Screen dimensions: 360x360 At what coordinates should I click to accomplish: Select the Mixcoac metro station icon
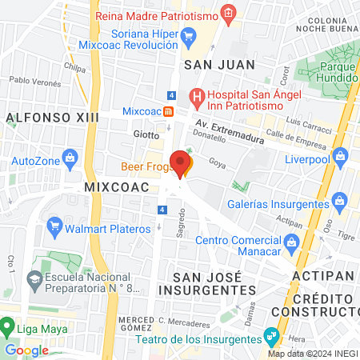168,111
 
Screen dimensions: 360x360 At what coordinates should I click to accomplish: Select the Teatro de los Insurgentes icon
274,334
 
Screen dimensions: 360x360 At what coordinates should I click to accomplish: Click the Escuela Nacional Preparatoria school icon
34,279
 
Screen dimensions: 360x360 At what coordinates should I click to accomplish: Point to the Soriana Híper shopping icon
189,35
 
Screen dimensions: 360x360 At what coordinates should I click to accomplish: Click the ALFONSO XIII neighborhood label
51,118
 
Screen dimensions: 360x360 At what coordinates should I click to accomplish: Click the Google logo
26,350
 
